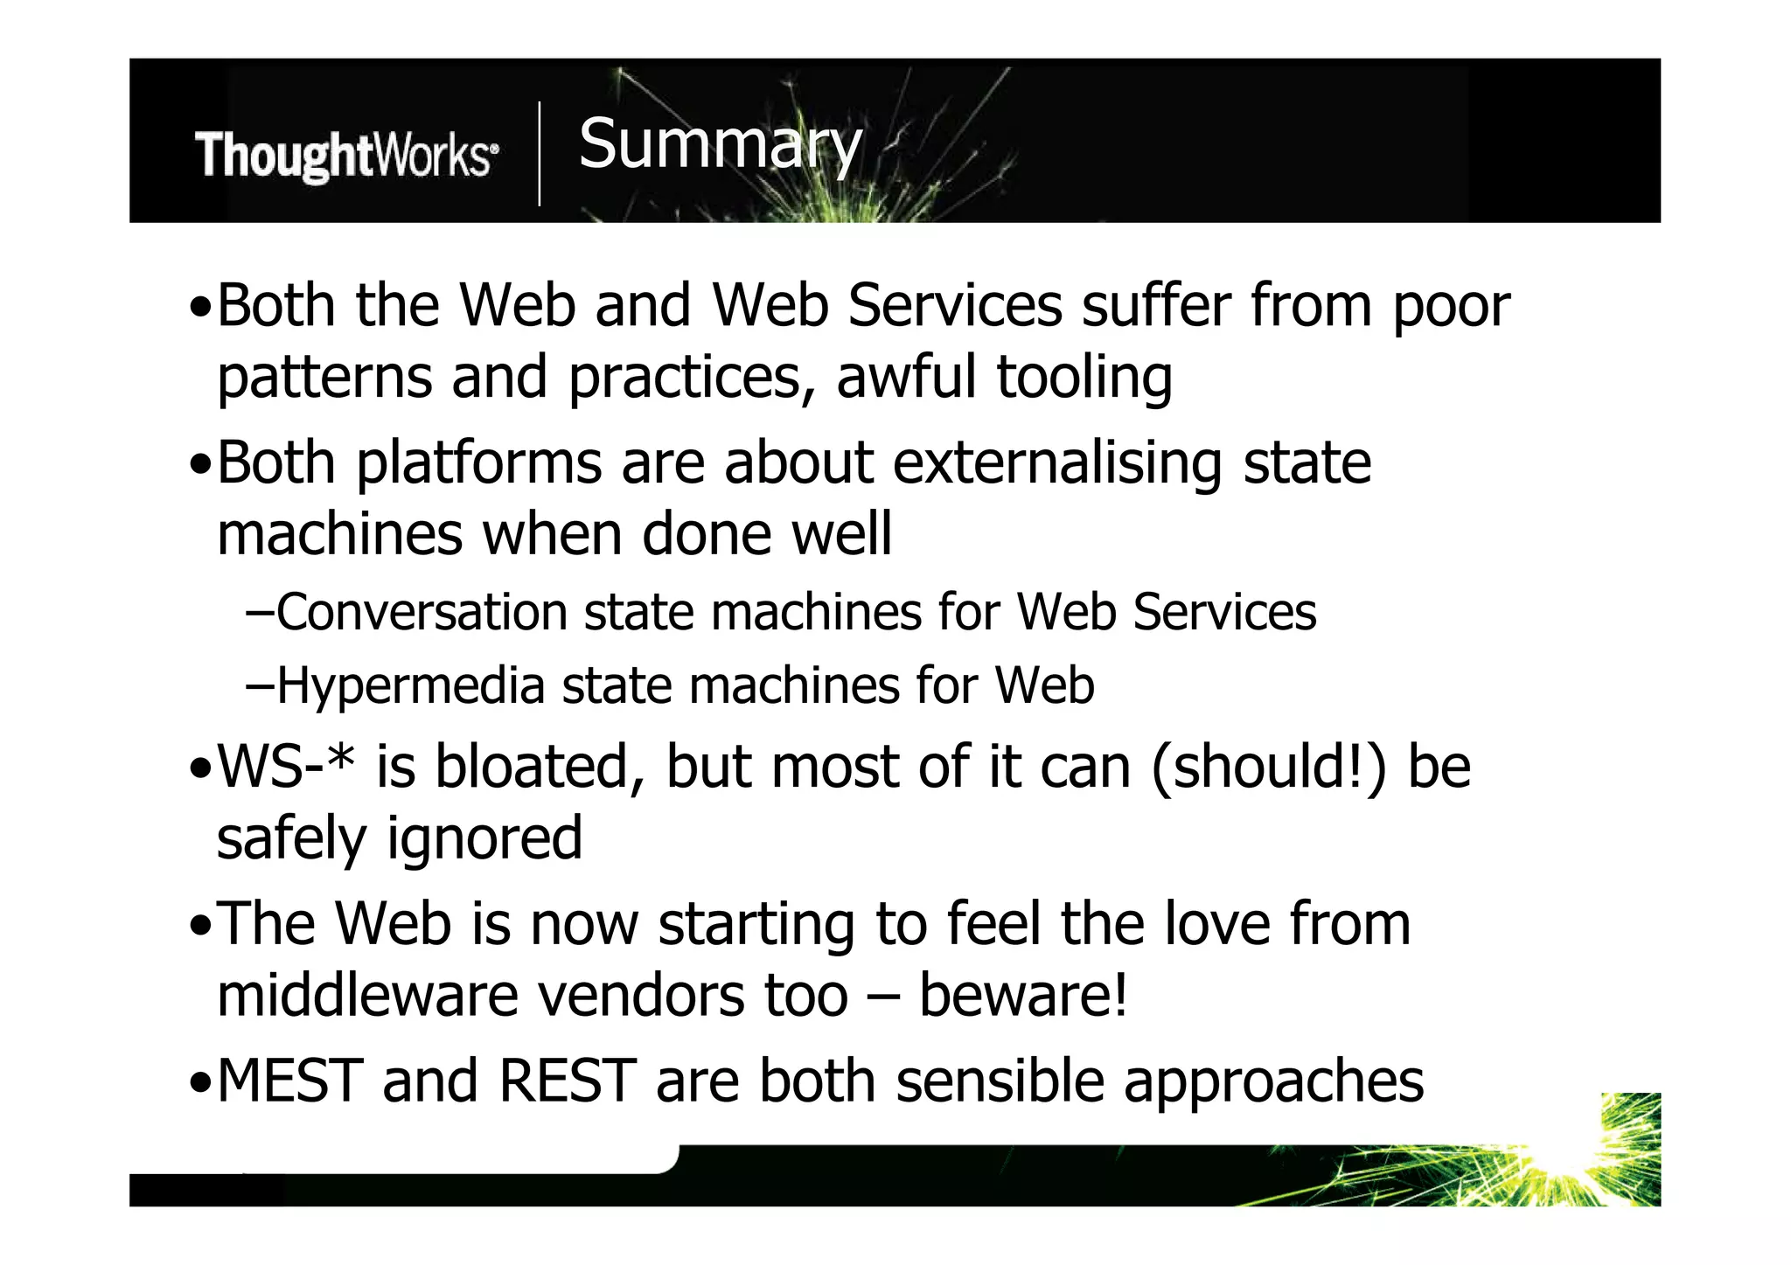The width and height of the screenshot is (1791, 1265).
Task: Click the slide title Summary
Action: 720,145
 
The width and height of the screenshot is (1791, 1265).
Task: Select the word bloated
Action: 532,767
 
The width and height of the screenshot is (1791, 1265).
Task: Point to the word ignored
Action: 484,838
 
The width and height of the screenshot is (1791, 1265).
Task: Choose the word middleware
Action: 367,996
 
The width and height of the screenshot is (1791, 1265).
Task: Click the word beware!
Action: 1023,996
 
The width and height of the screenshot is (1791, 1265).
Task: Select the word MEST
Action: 289,1081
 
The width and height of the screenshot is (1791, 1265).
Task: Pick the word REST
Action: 567,1081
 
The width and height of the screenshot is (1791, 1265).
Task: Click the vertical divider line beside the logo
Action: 539,154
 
